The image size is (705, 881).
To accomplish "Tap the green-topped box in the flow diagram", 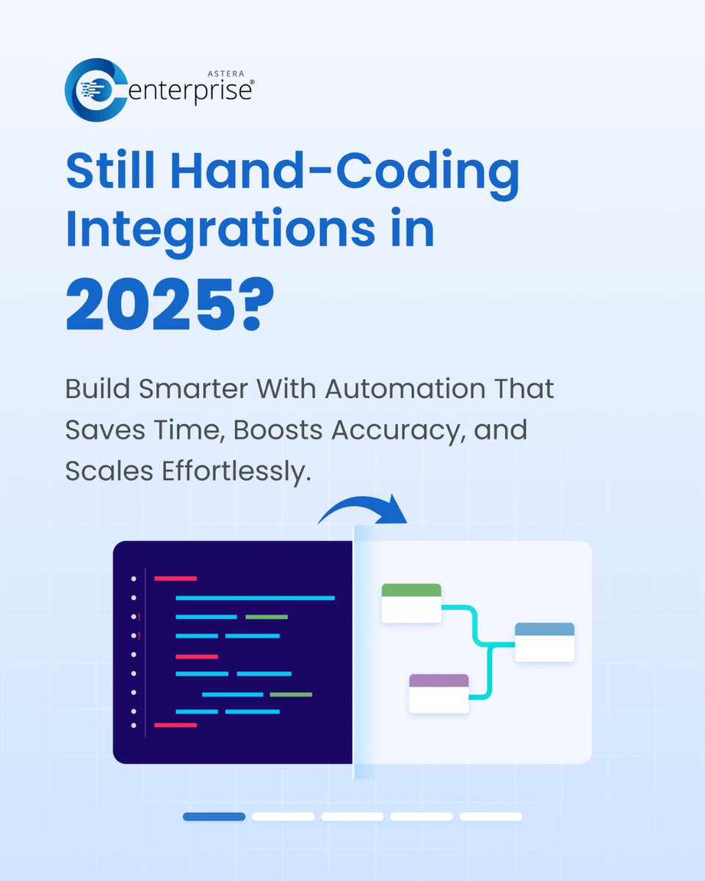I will pyautogui.click(x=411, y=603).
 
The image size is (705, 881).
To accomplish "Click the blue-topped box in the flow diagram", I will pyautogui.click(x=544, y=642).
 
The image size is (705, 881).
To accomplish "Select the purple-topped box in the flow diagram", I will pyautogui.click(x=438, y=693).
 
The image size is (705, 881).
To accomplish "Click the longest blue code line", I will pyautogui.click(x=255, y=598).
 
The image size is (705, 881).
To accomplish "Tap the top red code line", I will pyautogui.click(x=176, y=579).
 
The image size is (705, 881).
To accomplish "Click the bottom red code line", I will pyautogui.click(x=176, y=725).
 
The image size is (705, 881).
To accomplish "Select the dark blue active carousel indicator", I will pyautogui.click(x=214, y=816).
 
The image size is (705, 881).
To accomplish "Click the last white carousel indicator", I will pyautogui.click(x=491, y=816).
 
